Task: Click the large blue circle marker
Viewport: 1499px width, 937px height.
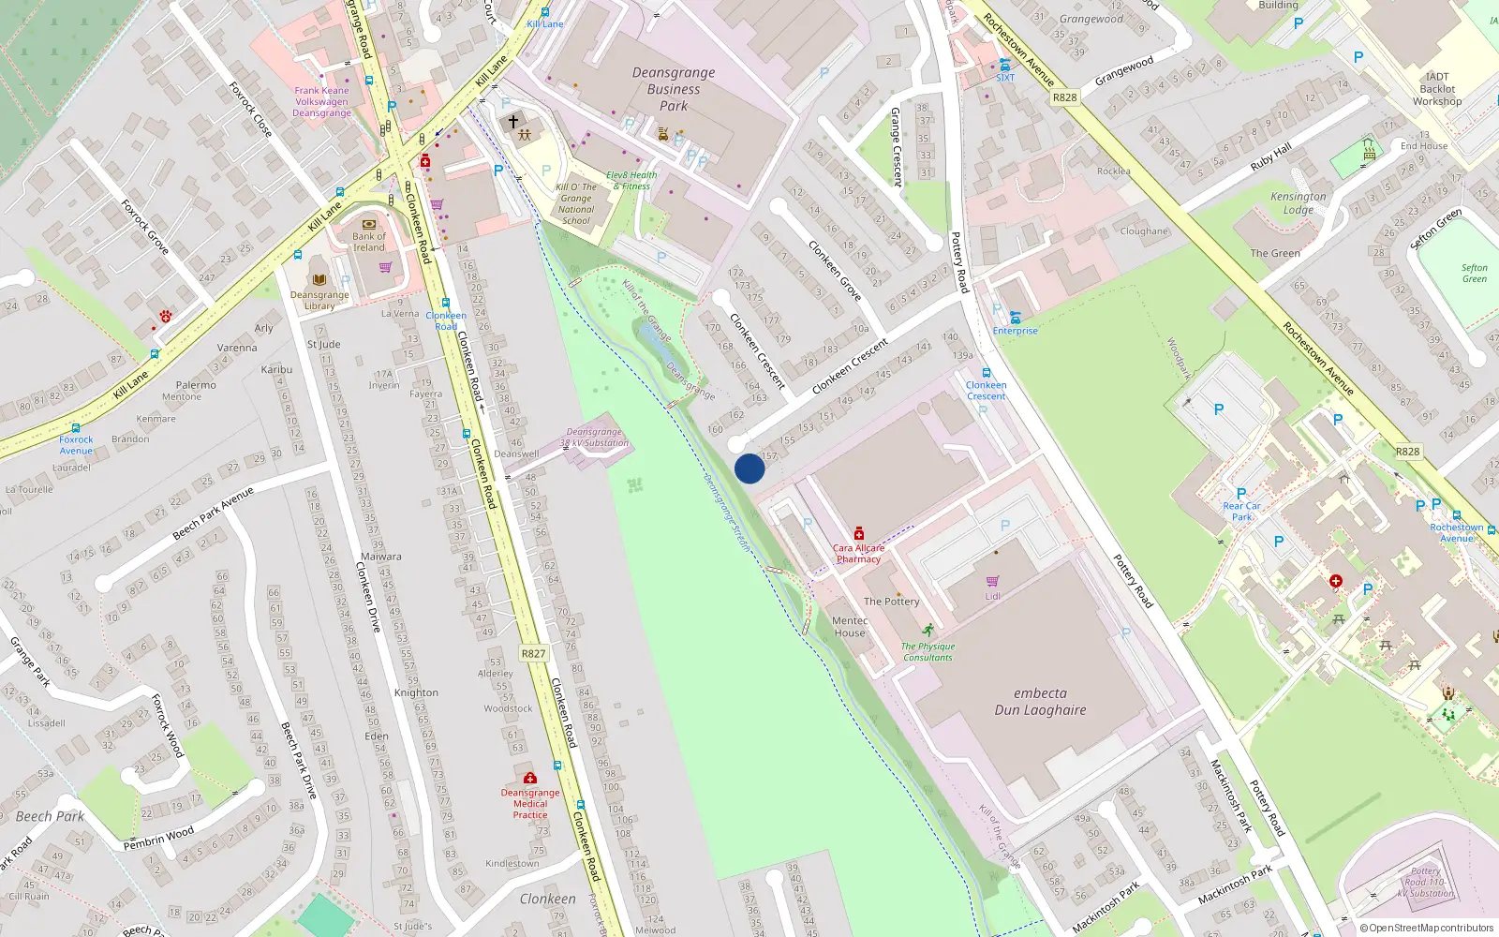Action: coord(749,468)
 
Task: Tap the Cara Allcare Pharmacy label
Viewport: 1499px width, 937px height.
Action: coord(858,553)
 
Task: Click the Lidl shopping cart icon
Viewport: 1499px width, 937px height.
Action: coord(992,581)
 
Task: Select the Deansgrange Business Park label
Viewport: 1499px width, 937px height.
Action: coord(673,89)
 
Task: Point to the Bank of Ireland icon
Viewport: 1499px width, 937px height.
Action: coord(368,225)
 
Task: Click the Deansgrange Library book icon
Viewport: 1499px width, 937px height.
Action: coord(319,280)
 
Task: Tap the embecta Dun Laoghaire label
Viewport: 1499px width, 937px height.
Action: coord(1040,701)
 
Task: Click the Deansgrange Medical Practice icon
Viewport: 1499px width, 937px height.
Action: coord(530,779)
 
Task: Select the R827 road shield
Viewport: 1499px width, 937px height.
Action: coord(533,653)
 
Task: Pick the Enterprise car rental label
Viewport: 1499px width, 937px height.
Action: coord(1015,331)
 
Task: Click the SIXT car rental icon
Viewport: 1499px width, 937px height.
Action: coord(1004,65)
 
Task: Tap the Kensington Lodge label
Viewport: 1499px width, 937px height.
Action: coord(1298,202)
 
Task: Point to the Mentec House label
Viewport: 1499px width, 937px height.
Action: coord(850,626)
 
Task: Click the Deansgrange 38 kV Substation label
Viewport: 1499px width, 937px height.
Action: coord(594,438)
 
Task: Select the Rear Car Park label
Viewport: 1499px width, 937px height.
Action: coord(1241,511)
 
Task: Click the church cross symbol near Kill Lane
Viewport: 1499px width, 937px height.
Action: coord(512,122)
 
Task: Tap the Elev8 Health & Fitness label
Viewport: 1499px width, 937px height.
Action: coord(631,180)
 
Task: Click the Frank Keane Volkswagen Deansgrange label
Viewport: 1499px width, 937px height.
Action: coord(321,101)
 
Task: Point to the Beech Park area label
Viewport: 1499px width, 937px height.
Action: coord(51,816)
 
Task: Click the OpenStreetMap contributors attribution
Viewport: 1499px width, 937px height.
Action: coord(1426,928)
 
